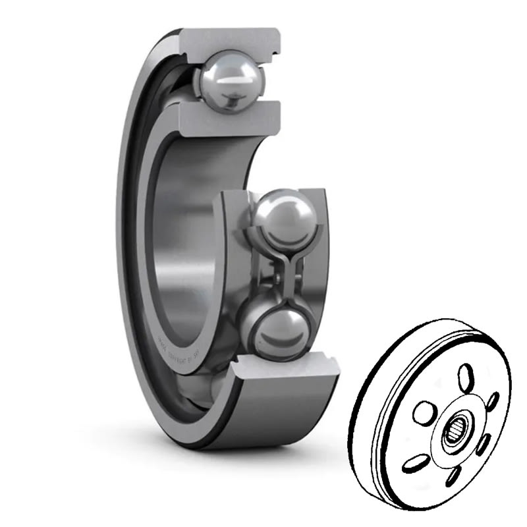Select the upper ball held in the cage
[x=285, y=214]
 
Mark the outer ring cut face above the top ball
[x=230, y=39]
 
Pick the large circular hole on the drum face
[x=423, y=414]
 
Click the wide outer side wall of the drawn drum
[x=382, y=395]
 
